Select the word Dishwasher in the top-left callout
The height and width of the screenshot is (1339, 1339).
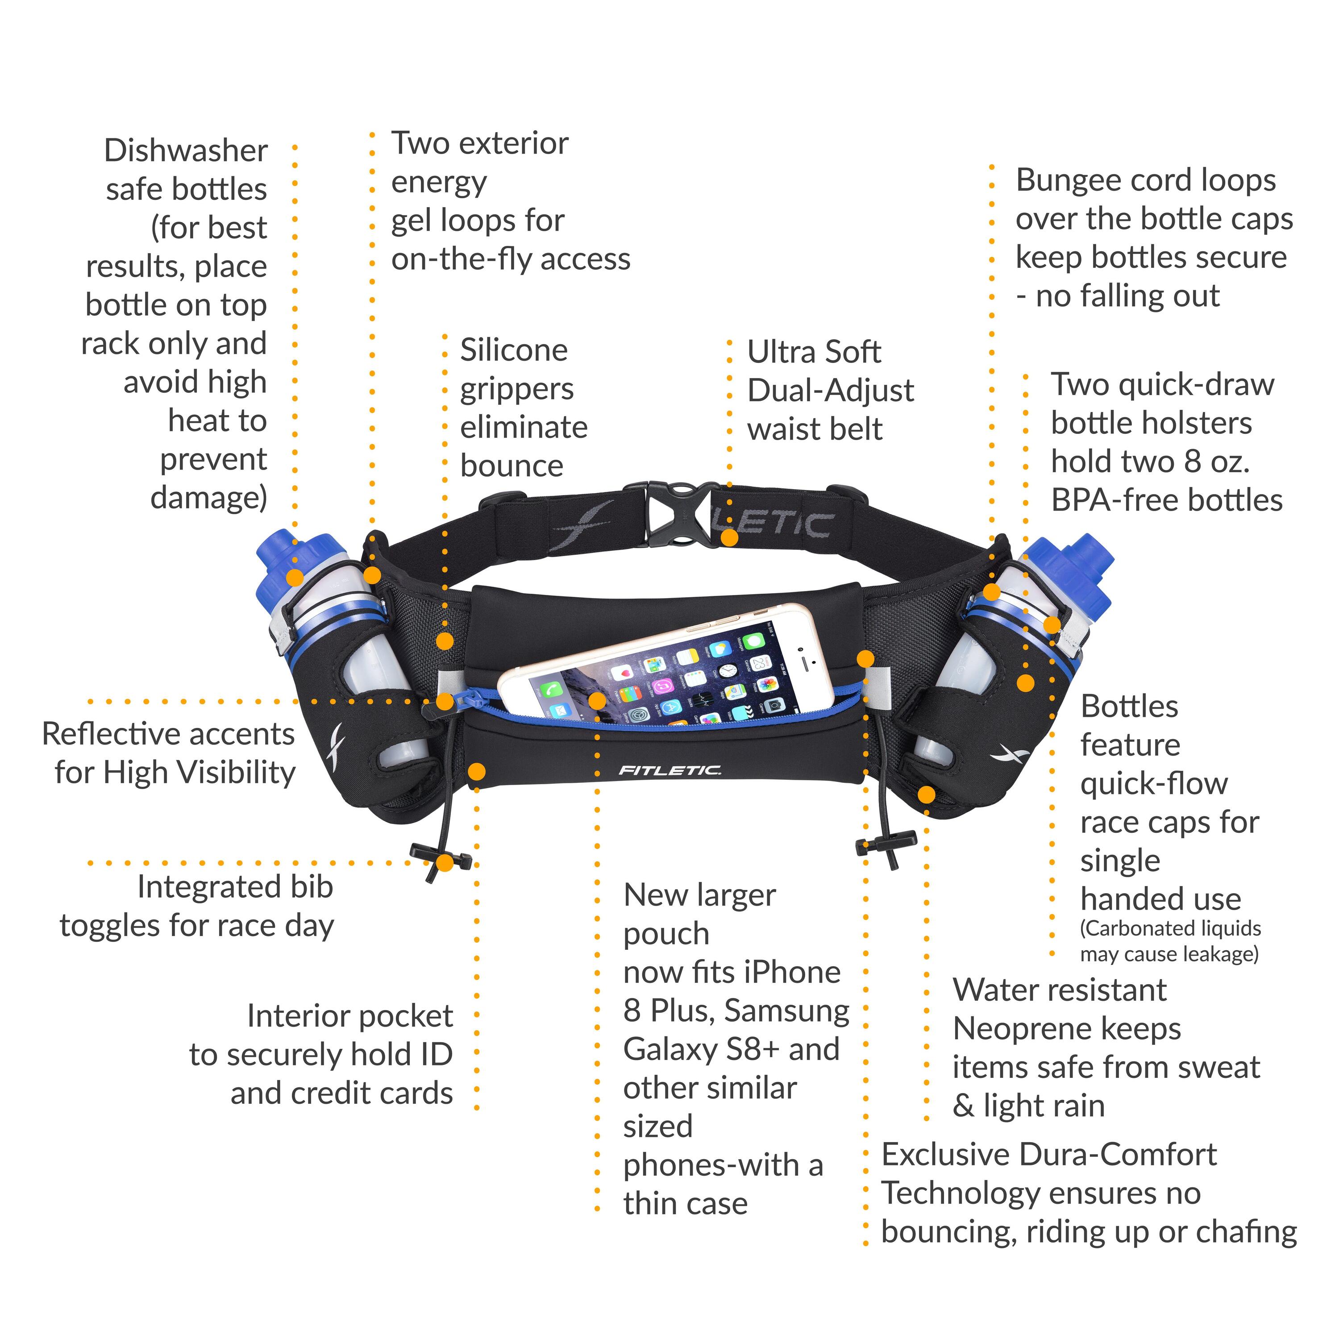click(x=186, y=150)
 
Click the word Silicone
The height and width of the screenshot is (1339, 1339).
click(x=514, y=350)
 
